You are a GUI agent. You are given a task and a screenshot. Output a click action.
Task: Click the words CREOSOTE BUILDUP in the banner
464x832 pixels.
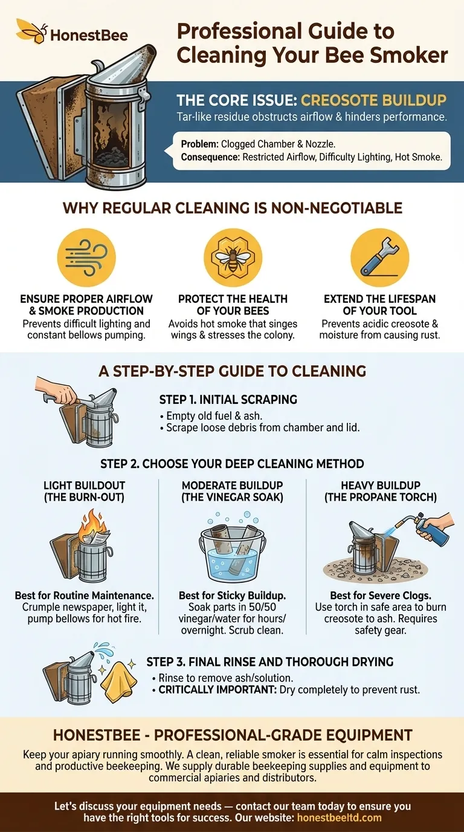coord(373,100)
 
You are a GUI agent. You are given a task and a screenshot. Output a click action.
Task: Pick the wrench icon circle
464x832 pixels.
coord(379,258)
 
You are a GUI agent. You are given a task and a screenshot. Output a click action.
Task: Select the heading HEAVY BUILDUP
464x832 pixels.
coord(381,485)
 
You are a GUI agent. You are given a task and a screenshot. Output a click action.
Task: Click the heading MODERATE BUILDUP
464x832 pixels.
coord(232,485)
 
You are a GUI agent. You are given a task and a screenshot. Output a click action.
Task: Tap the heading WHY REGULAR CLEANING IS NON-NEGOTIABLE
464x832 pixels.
coord(232,209)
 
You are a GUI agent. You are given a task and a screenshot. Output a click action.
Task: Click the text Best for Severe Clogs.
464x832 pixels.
coord(380,596)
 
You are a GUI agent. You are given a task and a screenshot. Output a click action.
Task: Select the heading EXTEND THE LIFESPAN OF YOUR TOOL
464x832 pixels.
coord(379,305)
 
